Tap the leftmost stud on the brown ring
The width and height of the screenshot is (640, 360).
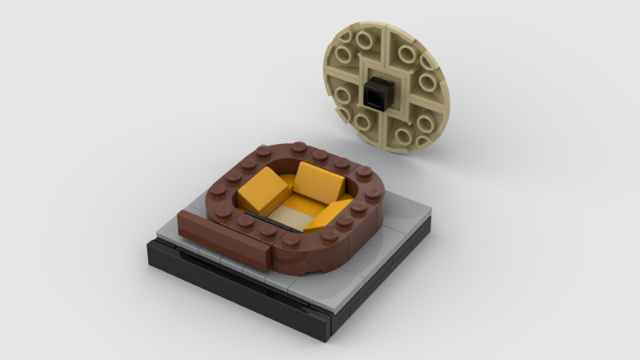[218, 192]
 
